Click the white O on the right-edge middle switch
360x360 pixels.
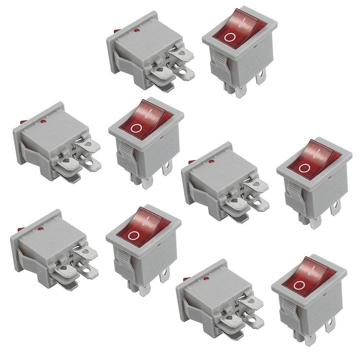click(x=304, y=168)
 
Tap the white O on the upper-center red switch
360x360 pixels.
click(x=136, y=129)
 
